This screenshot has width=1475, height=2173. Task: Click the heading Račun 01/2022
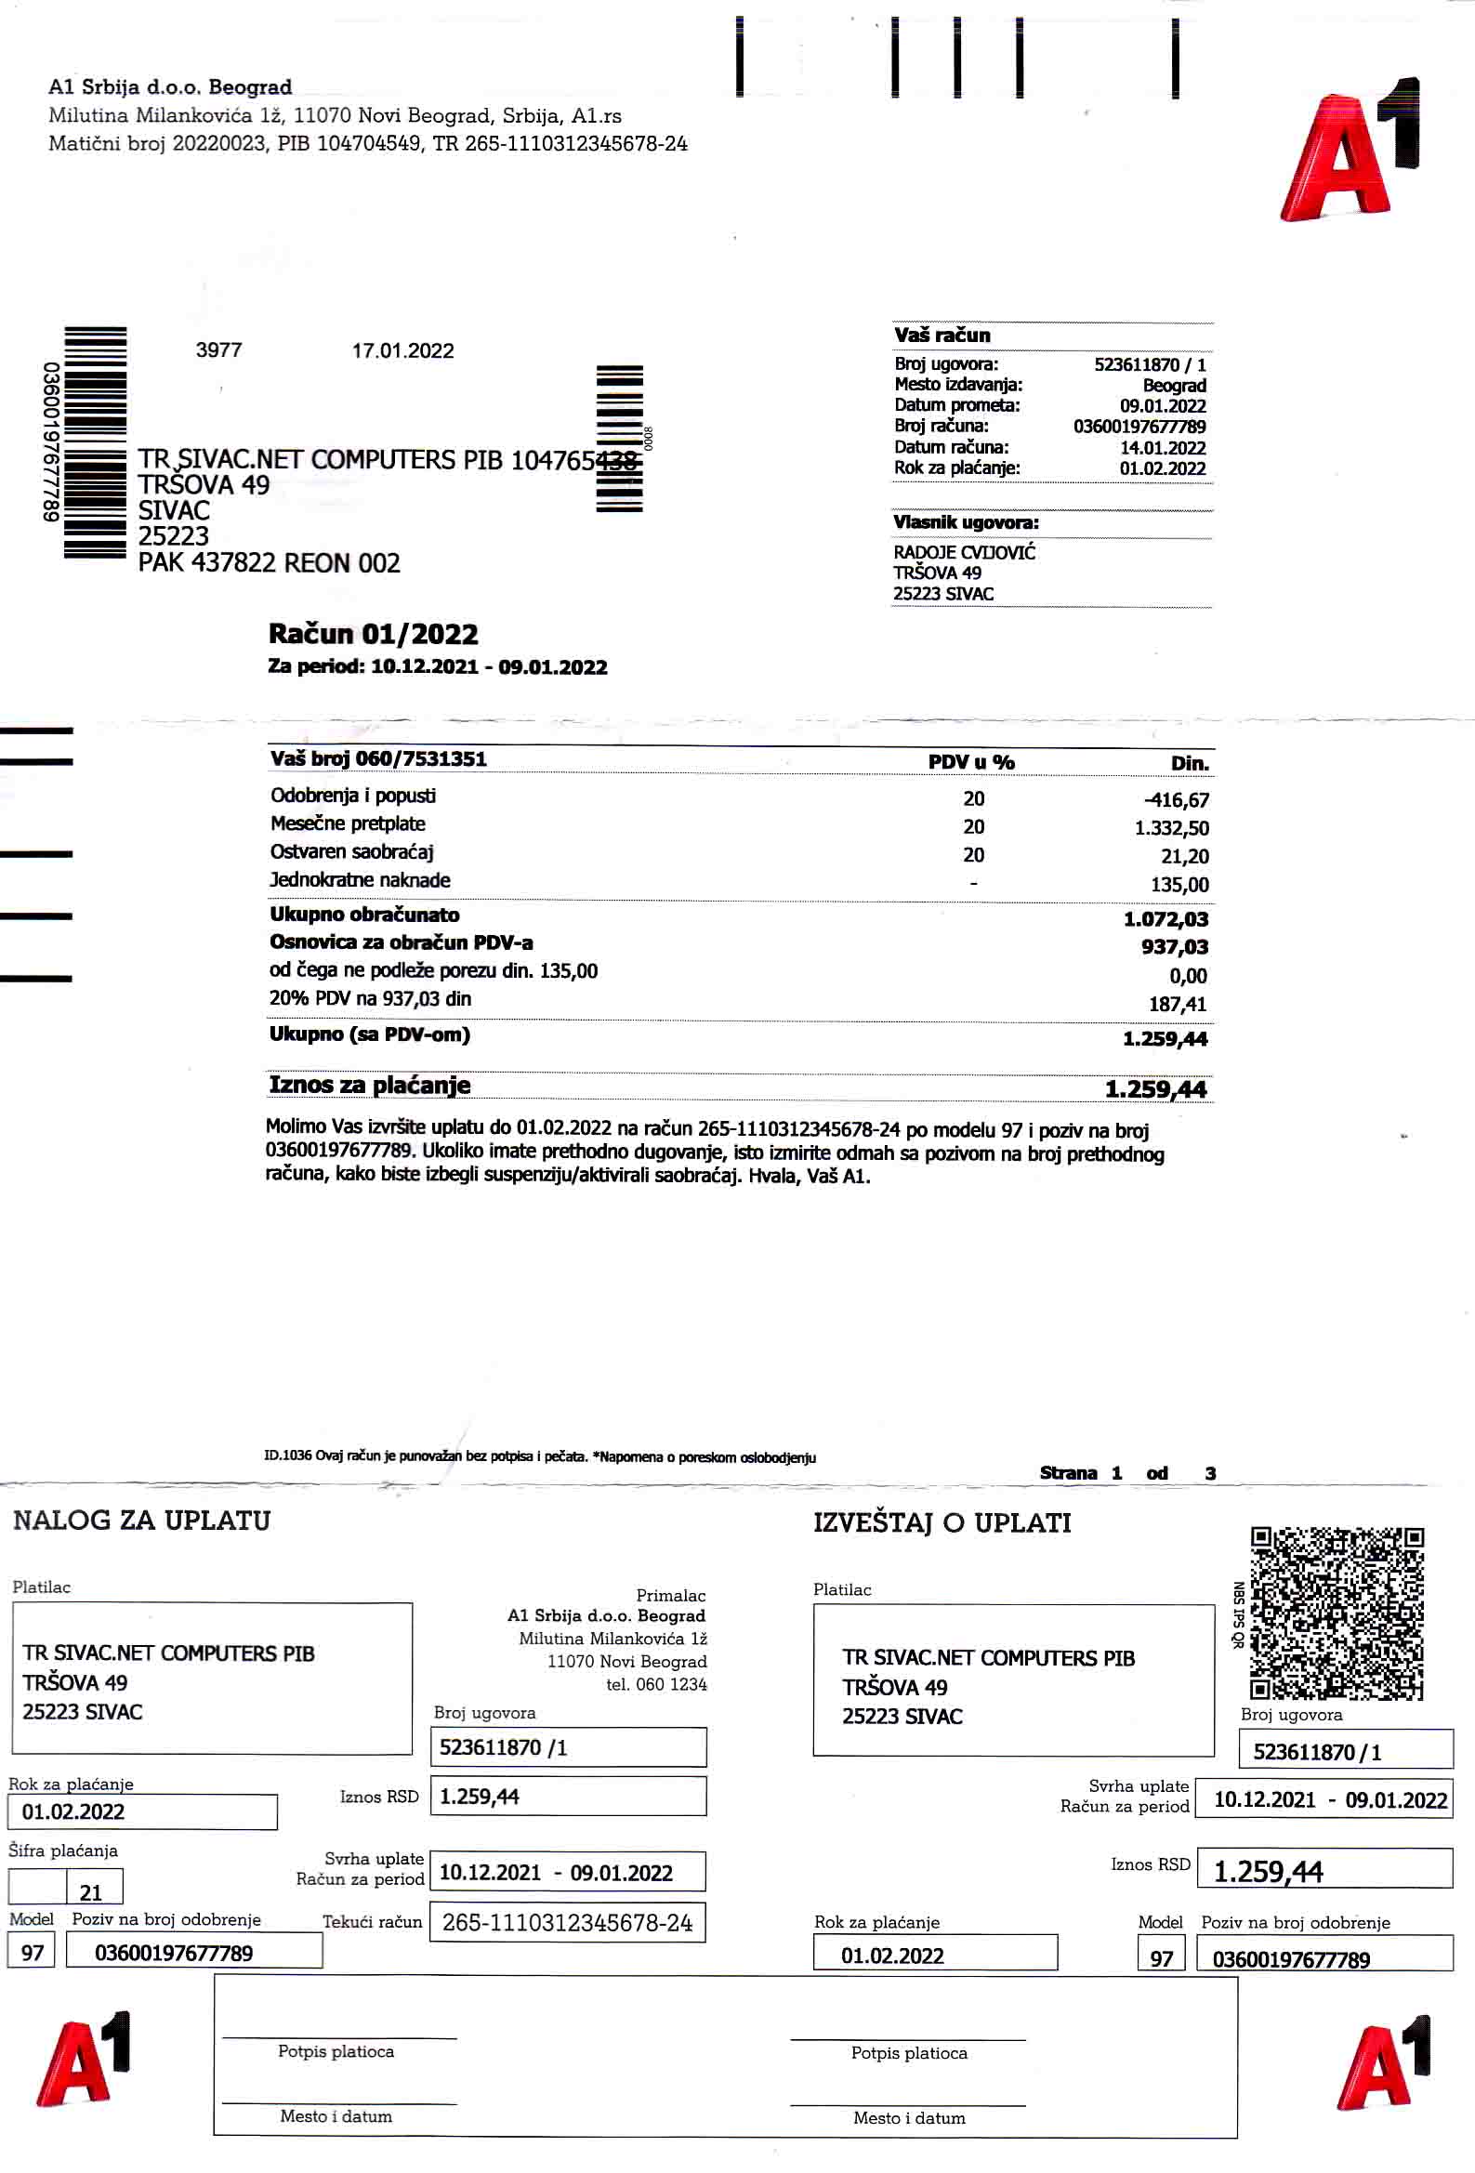(373, 634)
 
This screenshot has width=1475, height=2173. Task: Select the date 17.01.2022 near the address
(402, 350)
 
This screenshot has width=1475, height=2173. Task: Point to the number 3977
(218, 349)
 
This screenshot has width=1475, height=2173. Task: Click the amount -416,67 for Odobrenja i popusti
(1175, 800)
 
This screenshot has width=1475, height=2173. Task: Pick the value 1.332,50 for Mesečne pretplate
(1171, 828)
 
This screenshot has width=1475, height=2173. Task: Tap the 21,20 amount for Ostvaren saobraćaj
(1184, 857)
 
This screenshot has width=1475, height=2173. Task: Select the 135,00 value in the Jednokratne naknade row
(1179, 885)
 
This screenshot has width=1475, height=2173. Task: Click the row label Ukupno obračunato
(363, 915)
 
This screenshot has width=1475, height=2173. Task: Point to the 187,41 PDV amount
(1178, 1004)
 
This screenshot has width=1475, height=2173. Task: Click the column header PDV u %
(971, 762)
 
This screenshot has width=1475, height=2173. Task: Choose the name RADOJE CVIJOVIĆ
(964, 553)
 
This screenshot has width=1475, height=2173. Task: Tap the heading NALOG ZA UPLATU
(141, 1521)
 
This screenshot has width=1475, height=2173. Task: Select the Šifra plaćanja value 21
(91, 1892)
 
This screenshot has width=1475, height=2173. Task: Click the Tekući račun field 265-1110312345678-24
(567, 1922)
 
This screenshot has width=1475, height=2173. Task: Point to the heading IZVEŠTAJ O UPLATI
(941, 1522)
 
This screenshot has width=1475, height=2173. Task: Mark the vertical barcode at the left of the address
(95, 442)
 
